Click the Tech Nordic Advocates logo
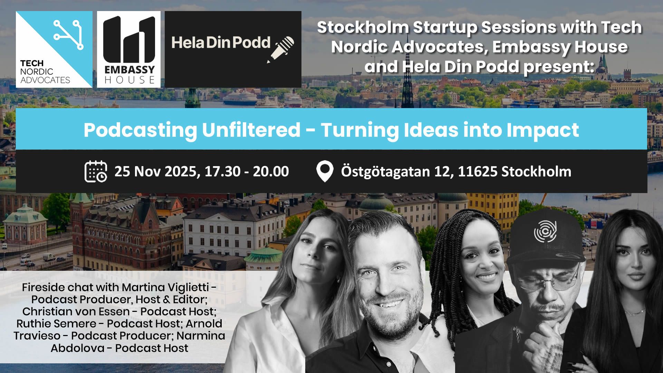(54, 49)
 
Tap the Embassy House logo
(129, 49)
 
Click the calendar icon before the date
(96, 171)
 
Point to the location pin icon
(325, 172)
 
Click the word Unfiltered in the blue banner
(251, 130)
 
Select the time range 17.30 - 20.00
(247, 171)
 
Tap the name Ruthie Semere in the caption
(56, 324)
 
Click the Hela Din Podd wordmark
(221, 42)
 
